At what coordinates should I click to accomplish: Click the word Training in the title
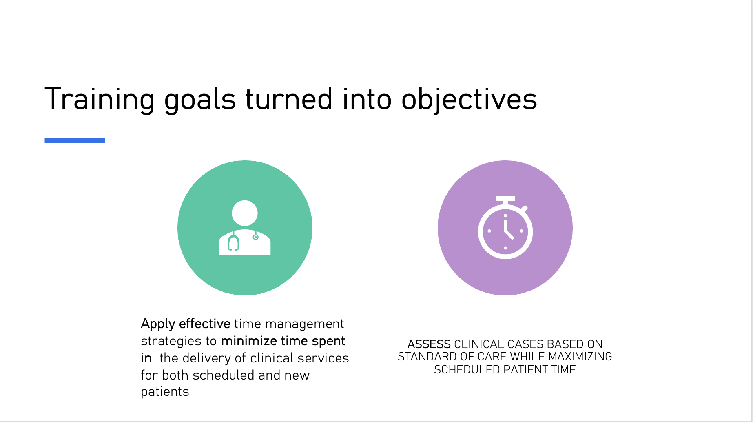pyautogui.click(x=99, y=99)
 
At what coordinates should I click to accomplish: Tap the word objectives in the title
pyautogui.click(x=469, y=99)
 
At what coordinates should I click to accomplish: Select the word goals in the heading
pyautogui.click(x=200, y=99)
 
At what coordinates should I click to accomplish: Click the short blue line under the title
pyautogui.click(x=75, y=140)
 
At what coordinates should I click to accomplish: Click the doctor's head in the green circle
pyautogui.click(x=245, y=213)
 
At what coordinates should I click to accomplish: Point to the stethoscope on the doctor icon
pyautogui.click(x=234, y=242)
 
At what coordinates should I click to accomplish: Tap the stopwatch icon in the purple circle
pyautogui.click(x=505, y=228)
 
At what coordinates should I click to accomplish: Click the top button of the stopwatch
pyautogui.click(x=505, y=200)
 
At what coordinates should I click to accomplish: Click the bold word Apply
pyautogui.click(x=158, y=324)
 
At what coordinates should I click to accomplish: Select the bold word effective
pyautogui.click(x=205, y=324)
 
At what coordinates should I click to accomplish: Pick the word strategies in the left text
pyautogui.click(x=171, y=341)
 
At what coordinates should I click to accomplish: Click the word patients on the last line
pyautogui.click(x=165, y=392)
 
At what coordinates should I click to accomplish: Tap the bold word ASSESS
pyautogui.click(x=429, y=344)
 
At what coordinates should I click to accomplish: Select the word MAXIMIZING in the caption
pyautogui.click(x=580, y=357)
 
